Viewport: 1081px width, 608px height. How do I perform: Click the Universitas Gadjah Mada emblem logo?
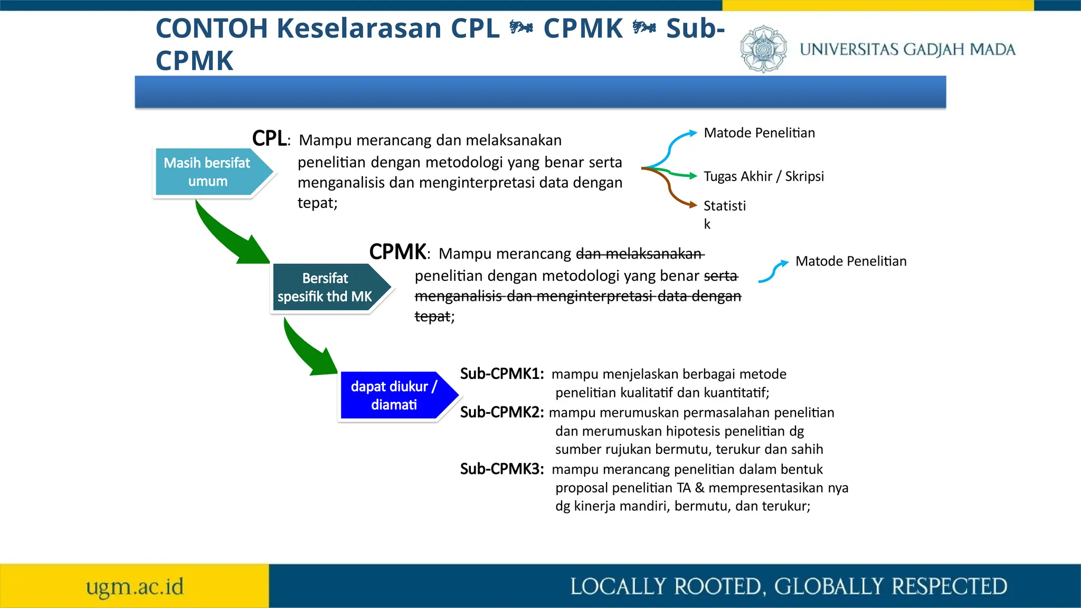pos(763,49)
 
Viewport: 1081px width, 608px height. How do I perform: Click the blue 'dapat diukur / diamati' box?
pos(395,395)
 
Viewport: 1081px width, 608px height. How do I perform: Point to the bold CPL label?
pos(269,138)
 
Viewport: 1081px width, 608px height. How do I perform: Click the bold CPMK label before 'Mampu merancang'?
pos(397,252)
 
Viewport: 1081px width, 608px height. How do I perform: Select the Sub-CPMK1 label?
pos(501,374)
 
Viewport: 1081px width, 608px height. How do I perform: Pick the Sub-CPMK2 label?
pos(501,412)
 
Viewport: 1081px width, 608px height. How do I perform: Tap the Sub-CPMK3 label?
pos(501,469)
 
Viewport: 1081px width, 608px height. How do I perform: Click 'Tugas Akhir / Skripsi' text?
pos(763,176)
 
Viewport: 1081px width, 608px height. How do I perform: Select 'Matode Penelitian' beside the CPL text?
pos(759,133)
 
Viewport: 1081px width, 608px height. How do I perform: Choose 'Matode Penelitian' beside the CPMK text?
pos(850,261)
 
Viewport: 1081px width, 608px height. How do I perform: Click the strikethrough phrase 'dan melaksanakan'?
pos(640,254)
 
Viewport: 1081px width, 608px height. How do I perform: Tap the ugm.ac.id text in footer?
pos(135,586)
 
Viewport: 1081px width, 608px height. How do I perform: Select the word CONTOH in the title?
pos(212,28)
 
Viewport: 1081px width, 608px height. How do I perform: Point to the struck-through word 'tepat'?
pos(432,317)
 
